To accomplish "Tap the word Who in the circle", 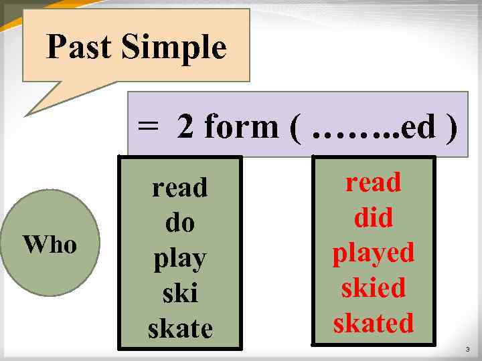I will pos(50,245).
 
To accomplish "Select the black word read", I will pos(179,188).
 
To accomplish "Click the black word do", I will pos(179,223).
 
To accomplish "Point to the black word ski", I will pos(179,293).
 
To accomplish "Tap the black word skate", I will pos(179,328).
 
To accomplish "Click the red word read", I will pos(374,182).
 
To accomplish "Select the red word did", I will pos(374,217).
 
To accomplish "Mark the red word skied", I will pos(374,288).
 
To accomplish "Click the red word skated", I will pos(374,323).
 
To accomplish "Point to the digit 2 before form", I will pos(186,126).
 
